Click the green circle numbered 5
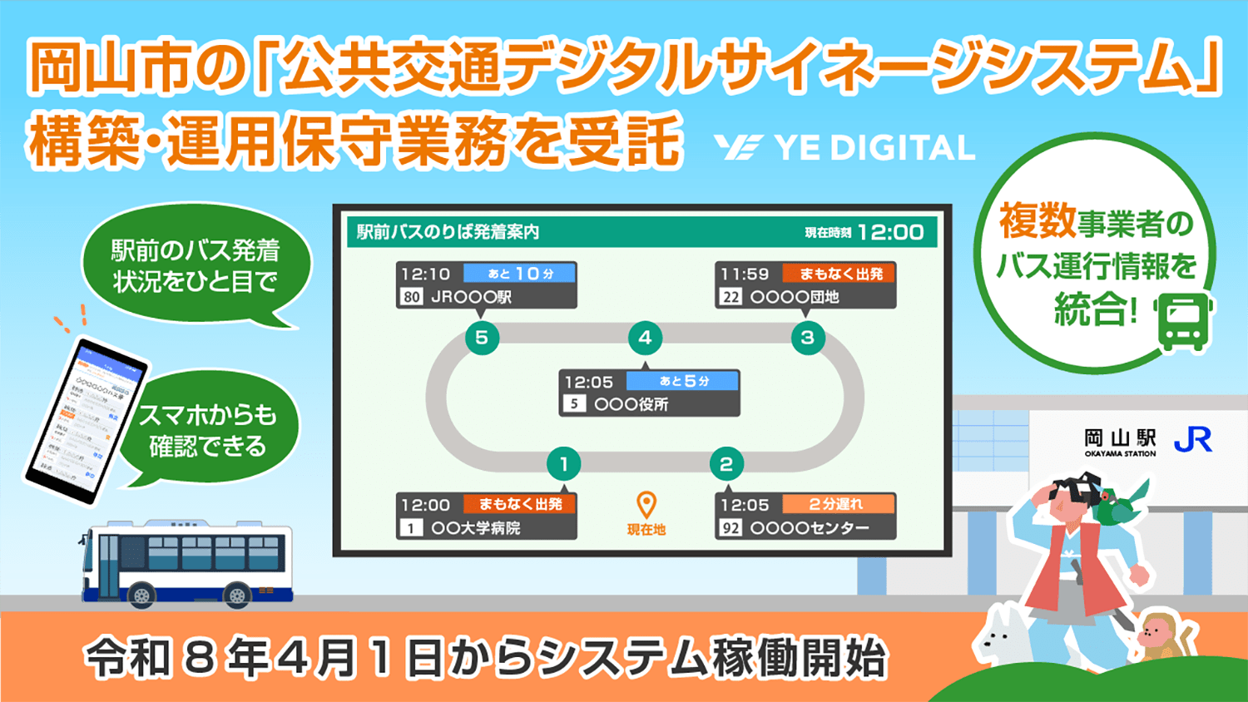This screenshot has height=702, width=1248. pos(482,339)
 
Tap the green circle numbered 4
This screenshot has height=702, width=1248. pos(645,339)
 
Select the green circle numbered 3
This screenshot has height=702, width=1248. pos(807,339)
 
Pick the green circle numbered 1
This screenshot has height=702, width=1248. pos(563,464)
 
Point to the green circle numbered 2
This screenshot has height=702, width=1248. pos(726,464)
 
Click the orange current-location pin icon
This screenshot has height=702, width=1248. pos(646,504)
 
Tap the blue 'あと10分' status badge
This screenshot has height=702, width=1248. pos(520,273)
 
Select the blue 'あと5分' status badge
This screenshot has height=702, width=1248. pos(683,381)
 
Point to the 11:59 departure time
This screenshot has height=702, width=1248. pos(745,274)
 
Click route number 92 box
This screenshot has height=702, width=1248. pos(730,528)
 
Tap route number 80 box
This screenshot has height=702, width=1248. pos(411,297)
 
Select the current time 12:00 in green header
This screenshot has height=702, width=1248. pos(890,232)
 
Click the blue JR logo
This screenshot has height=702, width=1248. pos(1193,438)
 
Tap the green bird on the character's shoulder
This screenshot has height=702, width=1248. pos(1119,507)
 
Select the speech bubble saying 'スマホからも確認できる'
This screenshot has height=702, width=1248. pos(207,430)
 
